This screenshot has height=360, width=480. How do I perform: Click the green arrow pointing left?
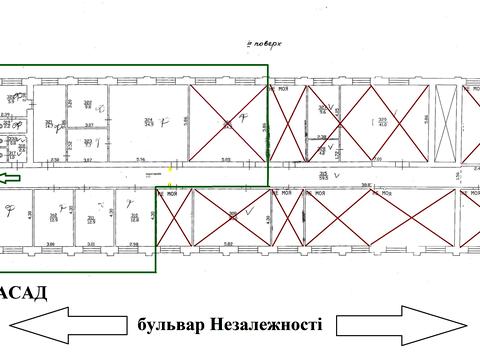12,178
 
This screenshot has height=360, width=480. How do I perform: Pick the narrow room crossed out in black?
447,122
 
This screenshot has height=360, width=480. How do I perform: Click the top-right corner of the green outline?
268,66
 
